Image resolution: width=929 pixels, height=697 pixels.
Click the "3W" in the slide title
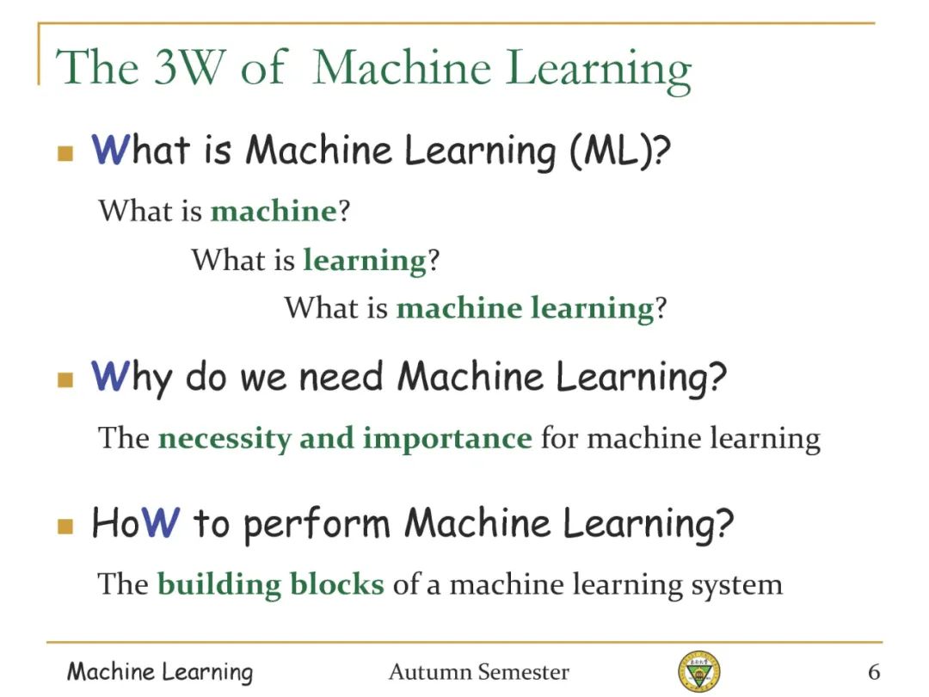tap(190, 66)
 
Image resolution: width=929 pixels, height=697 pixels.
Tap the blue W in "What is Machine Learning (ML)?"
tap(110, 149)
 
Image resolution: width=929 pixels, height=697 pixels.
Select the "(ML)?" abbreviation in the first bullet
tap(620, 151)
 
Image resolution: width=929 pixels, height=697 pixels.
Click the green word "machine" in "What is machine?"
tap(274, 211)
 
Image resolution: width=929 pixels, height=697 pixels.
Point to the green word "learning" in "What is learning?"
tap(365, 261)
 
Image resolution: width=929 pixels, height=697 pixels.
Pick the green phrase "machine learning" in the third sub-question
tap(525, 309)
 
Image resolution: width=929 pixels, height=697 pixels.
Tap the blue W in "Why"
tap(110, 376)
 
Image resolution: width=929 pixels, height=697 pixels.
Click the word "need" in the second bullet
tap(341, 377)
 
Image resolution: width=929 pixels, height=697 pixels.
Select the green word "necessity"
tap(225, 439)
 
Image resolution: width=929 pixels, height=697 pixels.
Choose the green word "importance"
tap(447, 439)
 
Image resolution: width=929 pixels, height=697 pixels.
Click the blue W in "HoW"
tap(161, 522)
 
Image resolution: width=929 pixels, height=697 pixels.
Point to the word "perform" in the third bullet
tap(317, 525)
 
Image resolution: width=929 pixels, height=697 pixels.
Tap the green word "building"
tap(218, 585)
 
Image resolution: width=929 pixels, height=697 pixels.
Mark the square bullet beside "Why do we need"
tap(65, 379)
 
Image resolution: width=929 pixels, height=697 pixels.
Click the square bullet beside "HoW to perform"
tap(65, 527)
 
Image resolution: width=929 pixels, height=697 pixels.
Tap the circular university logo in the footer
tap(699, 670)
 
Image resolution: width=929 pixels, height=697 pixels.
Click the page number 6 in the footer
tap(874, 672)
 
